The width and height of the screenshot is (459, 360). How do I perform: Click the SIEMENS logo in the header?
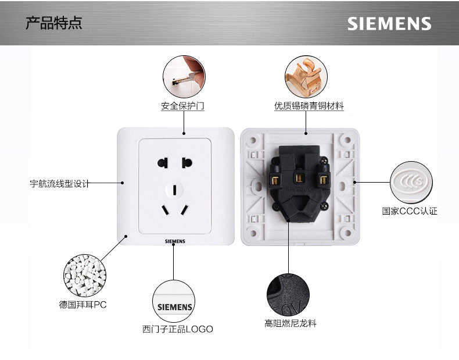(389, 24)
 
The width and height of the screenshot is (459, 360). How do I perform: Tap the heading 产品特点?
(54, 23)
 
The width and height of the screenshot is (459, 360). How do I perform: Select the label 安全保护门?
(182, 106)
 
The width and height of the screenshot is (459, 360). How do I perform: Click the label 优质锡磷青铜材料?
(309, 106)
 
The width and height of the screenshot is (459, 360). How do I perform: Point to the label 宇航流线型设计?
(60, 184)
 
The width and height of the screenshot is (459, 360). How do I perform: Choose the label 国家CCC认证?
(410, 211)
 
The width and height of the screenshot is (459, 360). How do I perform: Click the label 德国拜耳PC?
(83, 304)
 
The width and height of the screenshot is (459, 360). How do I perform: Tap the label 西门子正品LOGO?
(178, 329)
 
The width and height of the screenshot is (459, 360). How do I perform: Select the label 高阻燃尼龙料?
(291, 323)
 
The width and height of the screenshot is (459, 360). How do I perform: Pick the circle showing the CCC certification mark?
(411, 183)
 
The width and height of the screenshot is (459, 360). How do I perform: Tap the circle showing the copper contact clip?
(306, 77)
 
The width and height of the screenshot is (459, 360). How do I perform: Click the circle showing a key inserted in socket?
(184, 77)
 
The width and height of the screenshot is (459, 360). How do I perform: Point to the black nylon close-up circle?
(288, 294)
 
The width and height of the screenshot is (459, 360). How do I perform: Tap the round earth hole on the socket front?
(175, 189)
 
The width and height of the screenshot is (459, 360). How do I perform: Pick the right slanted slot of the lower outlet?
(185, 209)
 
